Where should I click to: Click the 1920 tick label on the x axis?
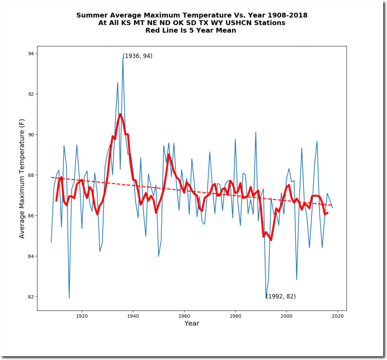(x=82, y=316)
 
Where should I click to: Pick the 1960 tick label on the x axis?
(x=184, y=316)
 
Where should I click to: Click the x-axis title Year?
(x=192, y=323)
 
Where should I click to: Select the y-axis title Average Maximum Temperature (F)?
(x=22, y=178)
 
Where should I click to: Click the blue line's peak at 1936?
(x=123, y=58)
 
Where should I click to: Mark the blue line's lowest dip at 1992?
(x=266, y=298)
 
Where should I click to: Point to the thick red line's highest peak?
(x=120, y=114)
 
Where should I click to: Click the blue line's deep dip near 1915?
(x=69, y=298)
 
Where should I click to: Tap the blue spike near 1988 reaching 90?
(x=256, y=132)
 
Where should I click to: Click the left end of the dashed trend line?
(x=51, y=177)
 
